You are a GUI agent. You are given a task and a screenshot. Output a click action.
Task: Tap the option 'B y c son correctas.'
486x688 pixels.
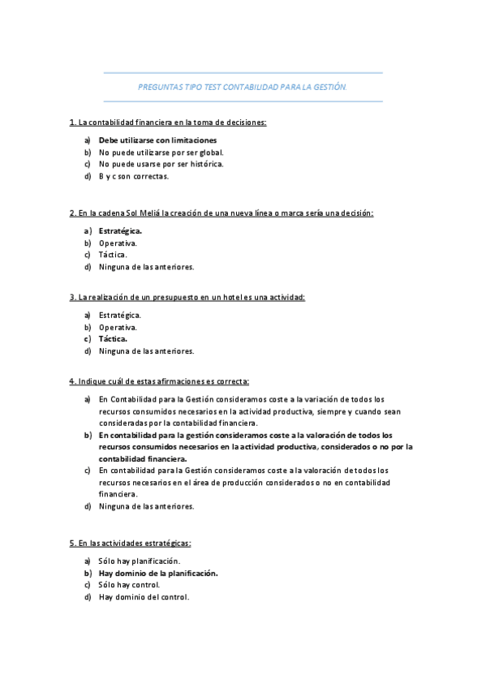tap(133, 175)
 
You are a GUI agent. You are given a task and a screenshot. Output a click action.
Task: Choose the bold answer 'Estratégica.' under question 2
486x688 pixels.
tap(120, 230)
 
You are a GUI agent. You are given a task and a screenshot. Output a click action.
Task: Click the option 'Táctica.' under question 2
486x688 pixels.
tap(113, 254)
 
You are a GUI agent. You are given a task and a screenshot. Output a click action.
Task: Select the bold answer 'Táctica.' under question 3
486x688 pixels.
tap(113, 339)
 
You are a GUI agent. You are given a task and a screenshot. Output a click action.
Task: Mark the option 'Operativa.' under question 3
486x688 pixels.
tap(118, 327)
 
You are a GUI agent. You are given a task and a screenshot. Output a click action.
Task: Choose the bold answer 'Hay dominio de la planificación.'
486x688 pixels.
tap(158, 573)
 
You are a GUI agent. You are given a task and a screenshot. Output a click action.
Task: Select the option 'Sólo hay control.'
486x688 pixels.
tap(129, 585)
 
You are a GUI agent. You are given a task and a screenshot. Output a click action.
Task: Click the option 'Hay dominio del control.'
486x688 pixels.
tap(144, 597)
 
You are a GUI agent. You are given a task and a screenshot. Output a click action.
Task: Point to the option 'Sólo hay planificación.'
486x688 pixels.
tap(139, 561)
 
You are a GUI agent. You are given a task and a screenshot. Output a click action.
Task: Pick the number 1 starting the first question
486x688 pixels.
tap(72, 123)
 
